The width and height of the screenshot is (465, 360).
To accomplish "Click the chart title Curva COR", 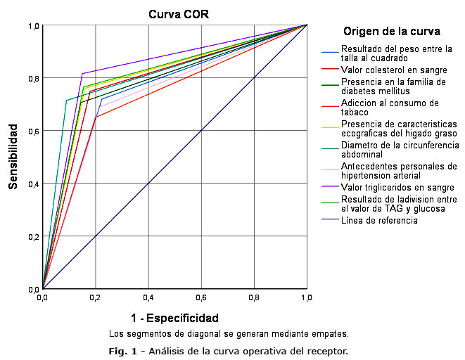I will coord(178,14).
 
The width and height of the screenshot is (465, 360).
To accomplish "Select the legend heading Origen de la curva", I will coord(392,32).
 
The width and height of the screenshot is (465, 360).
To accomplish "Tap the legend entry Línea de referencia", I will coord(379,220).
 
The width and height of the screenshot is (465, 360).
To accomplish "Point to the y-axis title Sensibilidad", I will coord(13,157).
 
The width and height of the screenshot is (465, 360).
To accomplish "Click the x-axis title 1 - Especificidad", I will coord(174,317).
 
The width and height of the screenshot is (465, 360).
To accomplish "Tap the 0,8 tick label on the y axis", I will coord(33,78).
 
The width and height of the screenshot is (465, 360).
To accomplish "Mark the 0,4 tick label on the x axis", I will coord(148,297).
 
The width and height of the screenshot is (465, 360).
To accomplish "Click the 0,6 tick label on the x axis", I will coord(200,297).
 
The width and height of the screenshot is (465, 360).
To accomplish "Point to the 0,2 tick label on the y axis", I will coord(33,236).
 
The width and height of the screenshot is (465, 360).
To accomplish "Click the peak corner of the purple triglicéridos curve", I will coord(82,74).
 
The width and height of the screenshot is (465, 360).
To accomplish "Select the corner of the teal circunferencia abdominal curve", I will coord(66,100).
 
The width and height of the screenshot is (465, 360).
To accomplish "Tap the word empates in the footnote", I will coord(331,333).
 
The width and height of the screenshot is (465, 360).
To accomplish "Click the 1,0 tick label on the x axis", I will coord(307,297).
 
